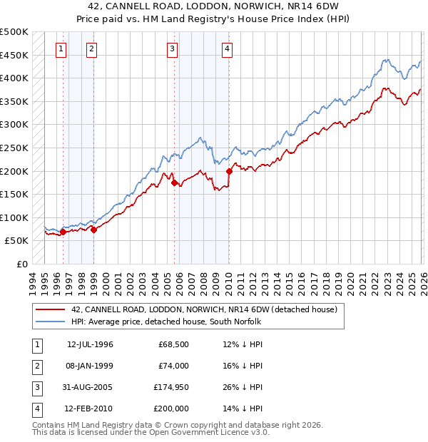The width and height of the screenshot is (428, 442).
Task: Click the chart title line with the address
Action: coord(213,6)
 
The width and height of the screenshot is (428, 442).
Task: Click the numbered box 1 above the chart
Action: coord(62,48)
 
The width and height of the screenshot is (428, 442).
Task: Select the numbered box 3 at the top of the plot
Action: coord(173,48)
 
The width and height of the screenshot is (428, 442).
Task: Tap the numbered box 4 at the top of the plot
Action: coord(227,48)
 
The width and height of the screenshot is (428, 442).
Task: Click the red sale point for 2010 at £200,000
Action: coord(229,171)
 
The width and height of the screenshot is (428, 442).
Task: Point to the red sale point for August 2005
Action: coord(175,183)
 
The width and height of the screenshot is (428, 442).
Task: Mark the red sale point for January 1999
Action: coord(93,230)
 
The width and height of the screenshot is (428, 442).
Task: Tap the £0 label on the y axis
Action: coord(21,264)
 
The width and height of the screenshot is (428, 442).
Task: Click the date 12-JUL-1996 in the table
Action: coord(90,345)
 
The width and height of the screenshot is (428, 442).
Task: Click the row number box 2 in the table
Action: coord(36,366)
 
